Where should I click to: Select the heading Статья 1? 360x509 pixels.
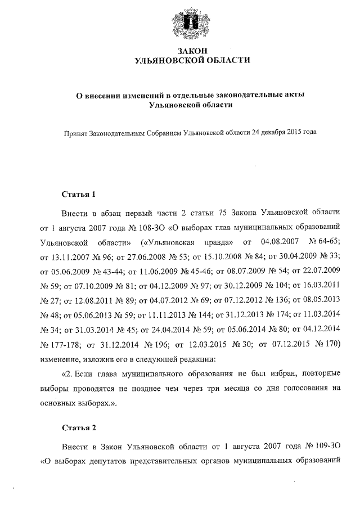tap(79, 195)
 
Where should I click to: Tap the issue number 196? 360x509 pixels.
tap(158, 343)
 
